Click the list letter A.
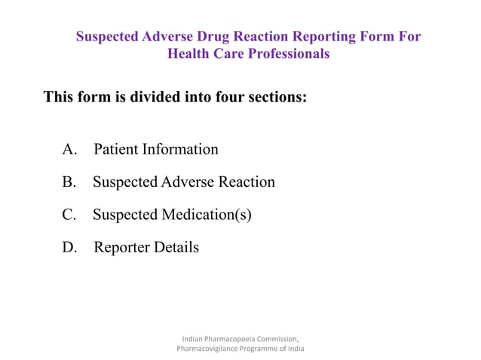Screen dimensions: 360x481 (69, 149)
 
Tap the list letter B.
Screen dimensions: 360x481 (69, 182)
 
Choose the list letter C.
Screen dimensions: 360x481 (69, 215)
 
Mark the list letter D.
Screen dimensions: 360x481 (69, 247)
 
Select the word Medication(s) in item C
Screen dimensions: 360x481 (206, 215)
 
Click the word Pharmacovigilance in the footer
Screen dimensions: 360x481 (210, 349)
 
